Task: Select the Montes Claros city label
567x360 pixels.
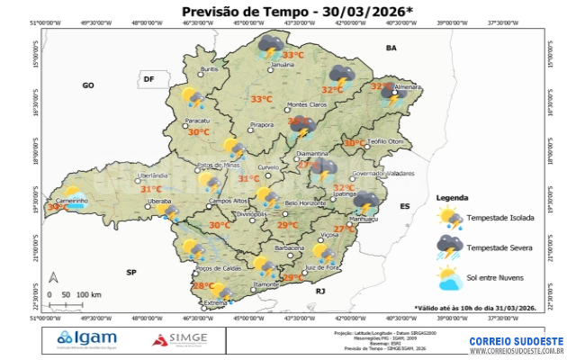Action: point(306,105)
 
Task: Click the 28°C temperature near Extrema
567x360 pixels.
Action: point(203,286)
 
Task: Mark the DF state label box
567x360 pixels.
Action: point(148,80)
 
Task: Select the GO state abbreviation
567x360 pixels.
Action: point(88,85)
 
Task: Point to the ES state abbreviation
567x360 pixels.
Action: point(404,206)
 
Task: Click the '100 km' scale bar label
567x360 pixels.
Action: point(88,294)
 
